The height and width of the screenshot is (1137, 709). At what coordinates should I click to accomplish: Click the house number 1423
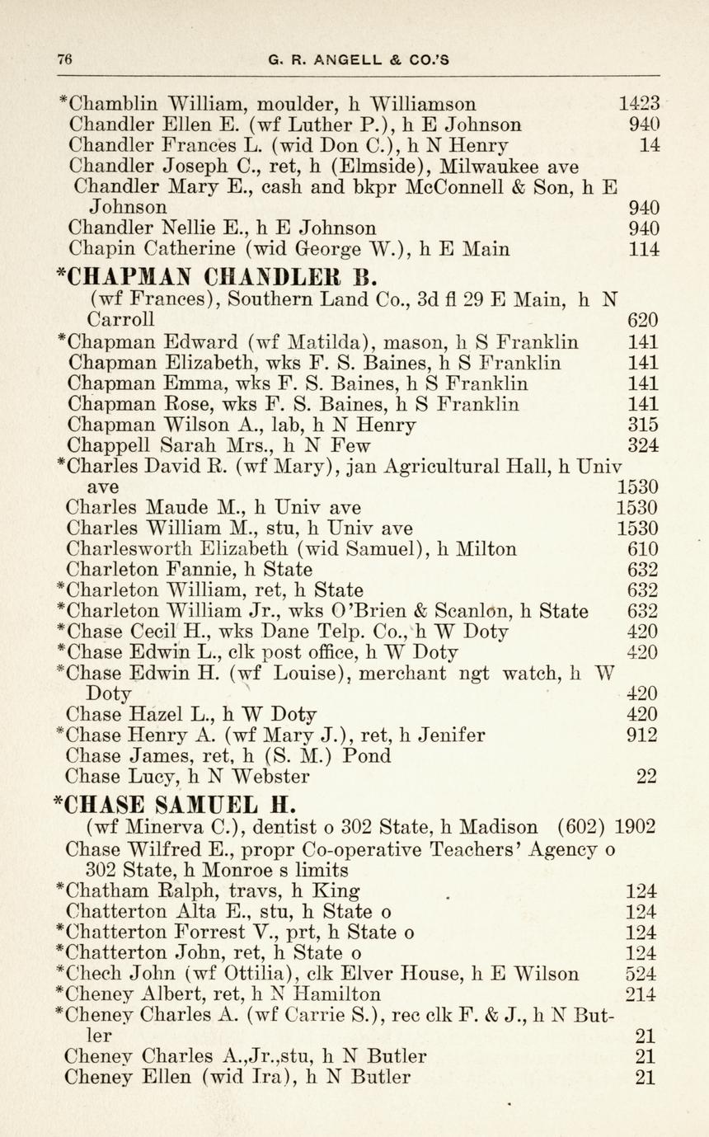point(639,105)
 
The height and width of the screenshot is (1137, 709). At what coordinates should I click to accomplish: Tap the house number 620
point(643,319)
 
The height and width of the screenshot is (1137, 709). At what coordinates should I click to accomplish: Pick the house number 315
point(643,425)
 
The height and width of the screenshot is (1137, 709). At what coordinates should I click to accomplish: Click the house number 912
point(642,735)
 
